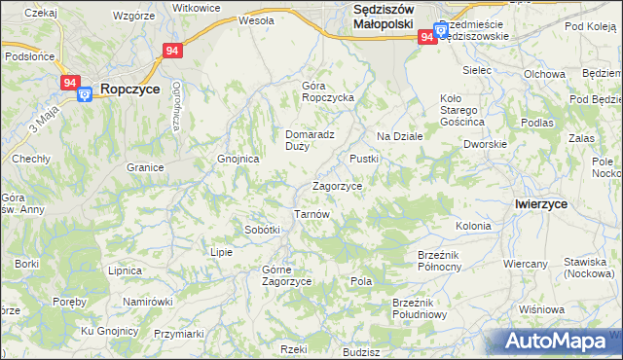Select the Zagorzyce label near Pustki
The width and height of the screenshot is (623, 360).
[337, 186]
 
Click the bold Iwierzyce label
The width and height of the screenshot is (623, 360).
[541, 203]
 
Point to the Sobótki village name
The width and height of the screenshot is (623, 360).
[263, 230]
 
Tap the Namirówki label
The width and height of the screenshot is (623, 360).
[147, 302]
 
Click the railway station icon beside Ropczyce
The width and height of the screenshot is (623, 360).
[84, 92]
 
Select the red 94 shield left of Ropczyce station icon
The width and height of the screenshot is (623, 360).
[69, 84]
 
